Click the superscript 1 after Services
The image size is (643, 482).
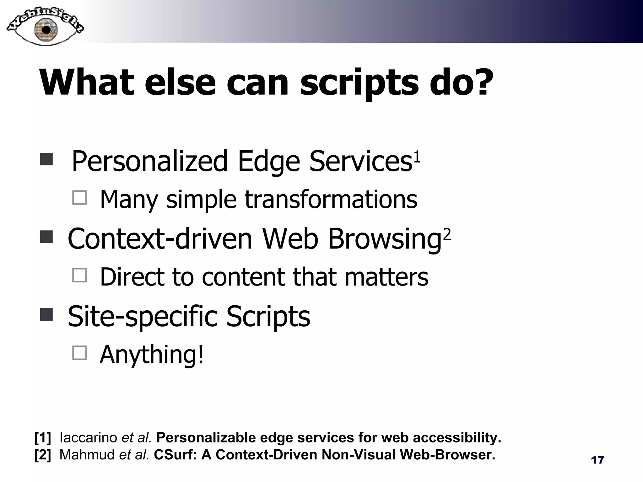coord(417,157)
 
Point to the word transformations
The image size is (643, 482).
coord(331,200)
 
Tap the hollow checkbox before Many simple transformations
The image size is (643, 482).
coord(79,198)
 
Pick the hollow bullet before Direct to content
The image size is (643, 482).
coord(79,275)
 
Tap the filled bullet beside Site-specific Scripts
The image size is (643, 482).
coord(46,314)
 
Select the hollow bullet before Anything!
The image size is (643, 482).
coord(79,353)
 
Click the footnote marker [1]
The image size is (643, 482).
coord(43,437)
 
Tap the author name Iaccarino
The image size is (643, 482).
coord(88,437)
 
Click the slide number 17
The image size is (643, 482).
coord(597,460)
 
